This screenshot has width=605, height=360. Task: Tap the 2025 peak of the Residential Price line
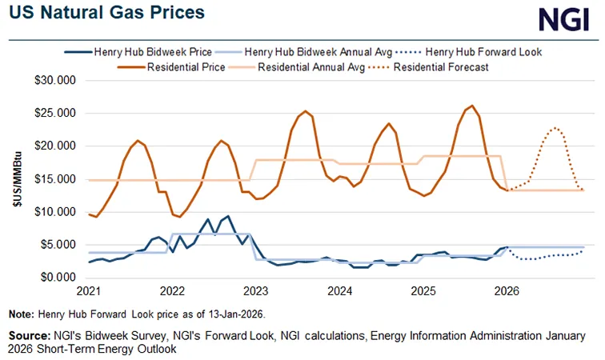tap(472, 106)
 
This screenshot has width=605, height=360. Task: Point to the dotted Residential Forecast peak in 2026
tap(555, 128)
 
